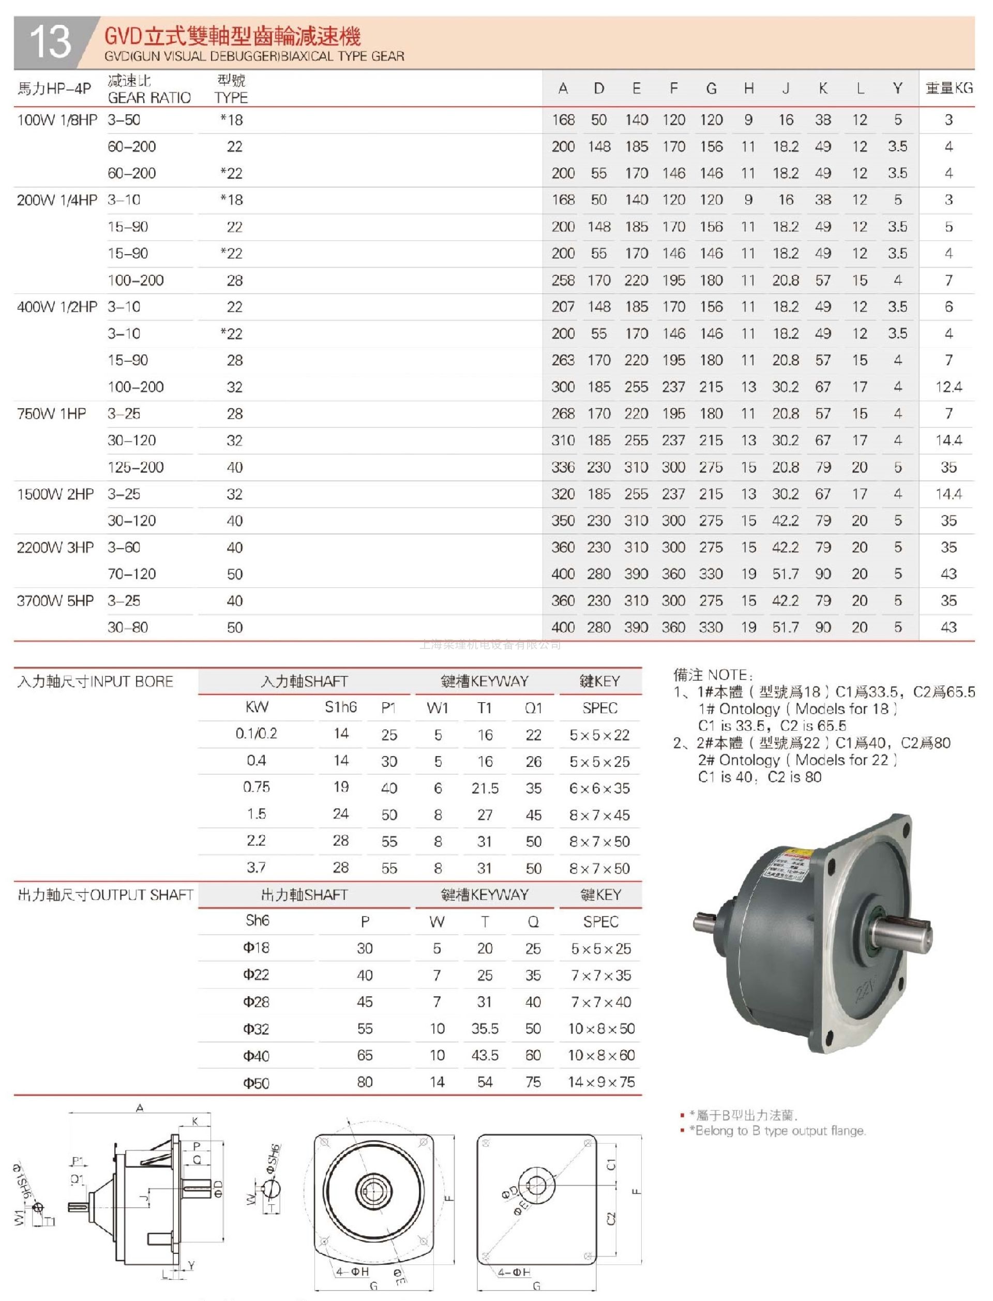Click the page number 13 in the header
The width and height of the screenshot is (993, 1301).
pos(50,42)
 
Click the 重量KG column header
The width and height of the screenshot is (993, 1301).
pos(949,88)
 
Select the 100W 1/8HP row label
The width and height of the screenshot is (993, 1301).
pos(57,120)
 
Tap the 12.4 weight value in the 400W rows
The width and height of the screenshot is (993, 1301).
pos(949,387)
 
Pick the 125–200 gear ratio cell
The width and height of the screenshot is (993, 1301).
pos(136,467)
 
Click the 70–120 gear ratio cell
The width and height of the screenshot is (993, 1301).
pos(131,573)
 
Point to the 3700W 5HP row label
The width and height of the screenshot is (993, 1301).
pos(55,601)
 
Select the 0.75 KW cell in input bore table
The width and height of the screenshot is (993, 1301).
pos(256,787)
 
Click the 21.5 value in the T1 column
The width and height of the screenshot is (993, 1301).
pos(485,788)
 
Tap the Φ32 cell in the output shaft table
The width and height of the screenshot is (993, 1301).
pos(256,1029)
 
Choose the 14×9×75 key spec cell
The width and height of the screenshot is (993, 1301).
pos(601,1082)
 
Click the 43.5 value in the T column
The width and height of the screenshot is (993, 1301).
pos(485,1056)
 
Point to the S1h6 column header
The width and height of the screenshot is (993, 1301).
pos(340,707)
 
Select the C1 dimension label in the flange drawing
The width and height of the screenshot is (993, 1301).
pos(611,1164)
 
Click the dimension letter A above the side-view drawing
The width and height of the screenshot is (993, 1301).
pos(140,1107)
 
